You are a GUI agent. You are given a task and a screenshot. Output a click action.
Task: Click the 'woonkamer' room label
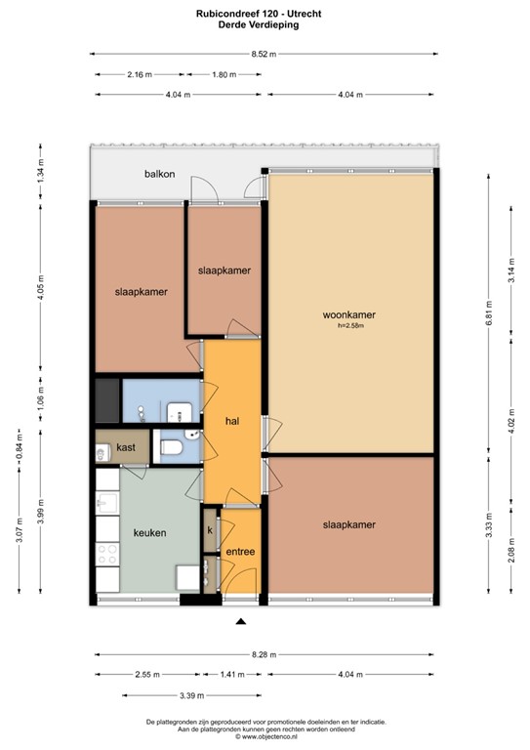[x=348, y=315]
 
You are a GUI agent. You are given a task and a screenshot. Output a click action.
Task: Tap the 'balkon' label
[x=160, y=174]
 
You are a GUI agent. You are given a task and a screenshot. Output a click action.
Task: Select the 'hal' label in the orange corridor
[x=232, y=421]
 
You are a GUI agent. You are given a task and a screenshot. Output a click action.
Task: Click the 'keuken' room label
[x=149, y=533]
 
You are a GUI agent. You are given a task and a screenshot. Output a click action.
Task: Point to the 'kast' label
[x=126, y=447]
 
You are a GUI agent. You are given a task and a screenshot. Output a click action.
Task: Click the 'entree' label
[x=240, y=552]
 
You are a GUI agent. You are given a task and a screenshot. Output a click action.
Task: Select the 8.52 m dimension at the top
[x=265, y=55]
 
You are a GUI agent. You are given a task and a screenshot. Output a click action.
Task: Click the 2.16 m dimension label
[x=141, y=74]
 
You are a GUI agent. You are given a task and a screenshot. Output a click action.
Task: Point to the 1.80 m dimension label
[x=224, y=74]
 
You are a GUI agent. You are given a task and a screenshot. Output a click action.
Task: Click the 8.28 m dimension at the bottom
[x=264, y=654]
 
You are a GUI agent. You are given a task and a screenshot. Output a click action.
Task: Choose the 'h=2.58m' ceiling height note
[x=348, y=326]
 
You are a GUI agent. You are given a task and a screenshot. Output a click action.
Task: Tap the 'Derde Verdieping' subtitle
[x=265, y=26]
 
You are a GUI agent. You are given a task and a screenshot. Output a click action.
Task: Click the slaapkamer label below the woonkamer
[x=348, y=524]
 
